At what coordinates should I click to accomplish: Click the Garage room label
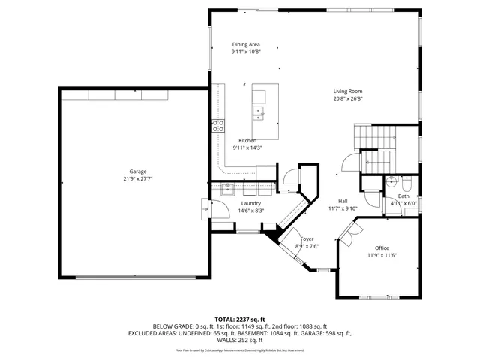[137, 171]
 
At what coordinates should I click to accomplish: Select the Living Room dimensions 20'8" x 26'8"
[348, 98]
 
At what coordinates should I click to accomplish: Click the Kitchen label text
[247, 141]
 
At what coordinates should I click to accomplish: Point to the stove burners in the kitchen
[218, 126]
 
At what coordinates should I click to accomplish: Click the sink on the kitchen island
[259, 113]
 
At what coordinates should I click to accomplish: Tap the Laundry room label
[250, 203]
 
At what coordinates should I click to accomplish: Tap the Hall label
[343, 201]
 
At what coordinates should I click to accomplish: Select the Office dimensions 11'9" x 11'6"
[381, 255]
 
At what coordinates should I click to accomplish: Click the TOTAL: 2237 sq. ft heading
[240, 319]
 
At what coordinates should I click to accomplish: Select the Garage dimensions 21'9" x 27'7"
[137, 178]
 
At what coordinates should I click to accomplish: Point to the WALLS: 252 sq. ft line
[240, 339]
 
